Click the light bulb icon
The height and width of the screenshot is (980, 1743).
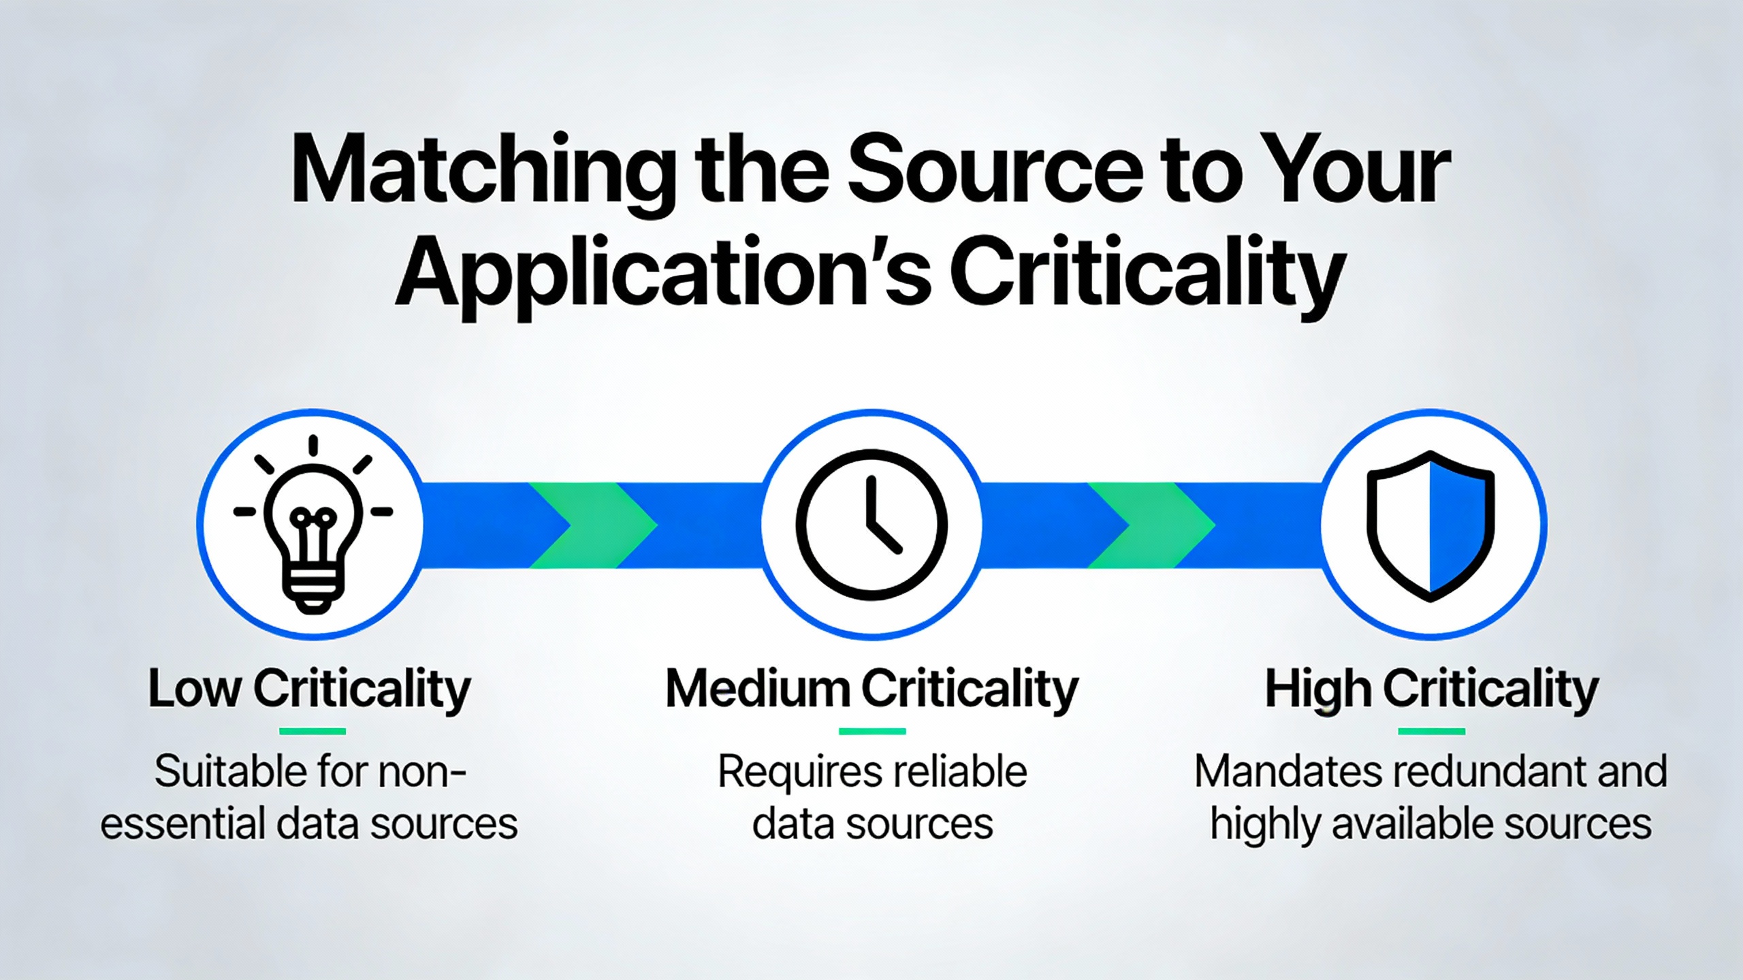point(313,524)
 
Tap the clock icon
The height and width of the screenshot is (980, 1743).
point(871,525)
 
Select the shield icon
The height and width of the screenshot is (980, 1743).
point(1430,526)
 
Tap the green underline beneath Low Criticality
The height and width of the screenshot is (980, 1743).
point(313,732)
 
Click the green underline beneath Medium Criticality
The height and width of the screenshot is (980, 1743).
point(872,732)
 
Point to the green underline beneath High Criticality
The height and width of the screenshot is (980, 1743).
point(1432,732)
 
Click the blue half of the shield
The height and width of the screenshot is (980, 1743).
point(1459,525)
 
